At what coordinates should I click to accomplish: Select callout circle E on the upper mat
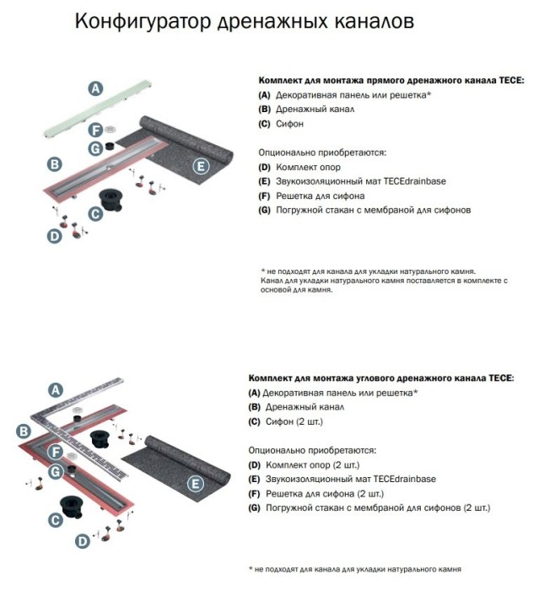tap(201, 165)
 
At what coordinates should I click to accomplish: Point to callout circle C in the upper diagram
tap(95, 215)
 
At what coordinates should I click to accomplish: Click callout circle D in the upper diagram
tap(54, 237)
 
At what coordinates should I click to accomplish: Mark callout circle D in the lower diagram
tap(82, 541)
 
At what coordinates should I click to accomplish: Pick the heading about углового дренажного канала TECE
tap(380, 378)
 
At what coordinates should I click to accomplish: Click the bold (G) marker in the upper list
tap(264, 209)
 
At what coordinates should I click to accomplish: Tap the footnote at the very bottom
tap(355, 569)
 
